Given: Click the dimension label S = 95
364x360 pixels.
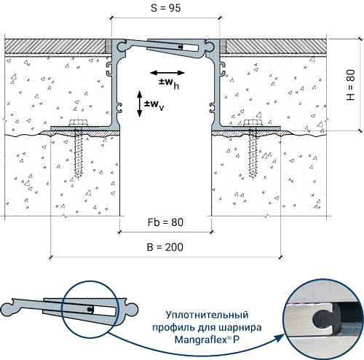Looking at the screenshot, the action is [166, 8].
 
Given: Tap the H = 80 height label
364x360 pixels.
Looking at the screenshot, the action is [351, 85].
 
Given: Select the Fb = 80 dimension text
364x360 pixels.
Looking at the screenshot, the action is [165, 222].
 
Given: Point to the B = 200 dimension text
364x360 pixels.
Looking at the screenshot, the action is [165, 247].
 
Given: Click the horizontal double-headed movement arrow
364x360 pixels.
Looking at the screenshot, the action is [167, 72].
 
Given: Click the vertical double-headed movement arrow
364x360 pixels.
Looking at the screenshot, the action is [140, 104].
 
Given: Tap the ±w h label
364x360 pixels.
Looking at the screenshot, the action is [169, 83].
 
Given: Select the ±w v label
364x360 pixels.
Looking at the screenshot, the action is [154, 105].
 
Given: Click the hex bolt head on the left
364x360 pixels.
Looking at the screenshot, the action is [79, 122].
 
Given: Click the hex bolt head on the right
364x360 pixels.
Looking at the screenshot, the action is [253, 122].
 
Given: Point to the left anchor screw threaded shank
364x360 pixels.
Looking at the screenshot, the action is [78, 154].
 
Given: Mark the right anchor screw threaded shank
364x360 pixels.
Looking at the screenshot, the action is [253, 154].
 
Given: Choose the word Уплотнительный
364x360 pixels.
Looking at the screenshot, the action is [207, 315].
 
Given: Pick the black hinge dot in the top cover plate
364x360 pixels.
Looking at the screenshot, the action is [179, 47].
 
